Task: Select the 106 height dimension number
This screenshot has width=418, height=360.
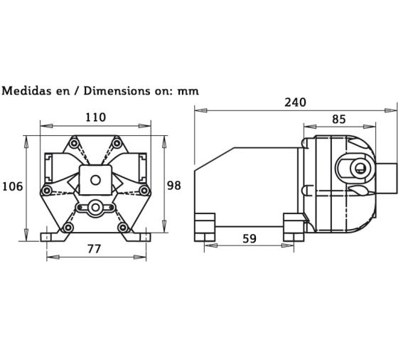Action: click(12, 186)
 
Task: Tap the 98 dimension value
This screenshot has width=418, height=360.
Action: click(173, 185)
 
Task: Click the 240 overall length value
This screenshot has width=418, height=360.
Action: click(295, 102)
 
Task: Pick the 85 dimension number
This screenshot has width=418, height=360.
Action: click(338, 120)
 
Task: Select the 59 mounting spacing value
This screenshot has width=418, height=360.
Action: click(250, 239)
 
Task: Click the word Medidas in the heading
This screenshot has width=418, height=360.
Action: click(26, 90)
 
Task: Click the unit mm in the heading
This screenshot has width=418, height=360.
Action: click(189, 91)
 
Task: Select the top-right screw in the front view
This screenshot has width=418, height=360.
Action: click(118, 146)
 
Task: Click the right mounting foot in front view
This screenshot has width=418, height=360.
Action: click(142, 234)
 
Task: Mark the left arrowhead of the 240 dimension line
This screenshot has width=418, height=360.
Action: click(200, 110)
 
